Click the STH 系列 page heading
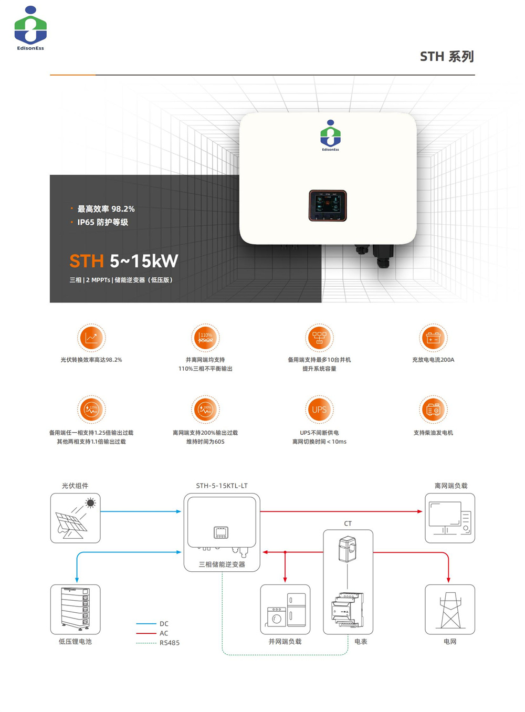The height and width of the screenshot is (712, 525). tap(447, 57)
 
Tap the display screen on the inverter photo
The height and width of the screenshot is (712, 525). tap(328, 205)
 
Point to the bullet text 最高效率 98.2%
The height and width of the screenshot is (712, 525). tap(106, 209)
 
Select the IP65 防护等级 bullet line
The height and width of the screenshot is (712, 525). tap(102, 223)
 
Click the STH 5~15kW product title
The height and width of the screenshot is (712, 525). tap(124, 261)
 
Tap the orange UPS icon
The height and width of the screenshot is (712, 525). tap(319, 410)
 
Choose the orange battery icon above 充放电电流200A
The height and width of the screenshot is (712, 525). tap(433, 338)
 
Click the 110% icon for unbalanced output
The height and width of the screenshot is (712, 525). tap(205, 338)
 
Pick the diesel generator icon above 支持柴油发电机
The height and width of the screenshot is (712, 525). tap(433, 410)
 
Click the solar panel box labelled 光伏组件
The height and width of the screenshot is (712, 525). tap(75, 518)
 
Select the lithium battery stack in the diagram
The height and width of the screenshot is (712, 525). tap(75, 609)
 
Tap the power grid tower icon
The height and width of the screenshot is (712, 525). tap(449, 610)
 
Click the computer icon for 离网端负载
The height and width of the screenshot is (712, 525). tap(449, 518)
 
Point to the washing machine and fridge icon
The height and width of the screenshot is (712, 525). tap(285, 610)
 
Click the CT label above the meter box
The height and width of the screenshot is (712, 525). tap(348, 523)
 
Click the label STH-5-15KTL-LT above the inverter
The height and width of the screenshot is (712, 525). tap(222, 486)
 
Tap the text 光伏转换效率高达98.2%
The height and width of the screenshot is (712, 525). tap(91, 360)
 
